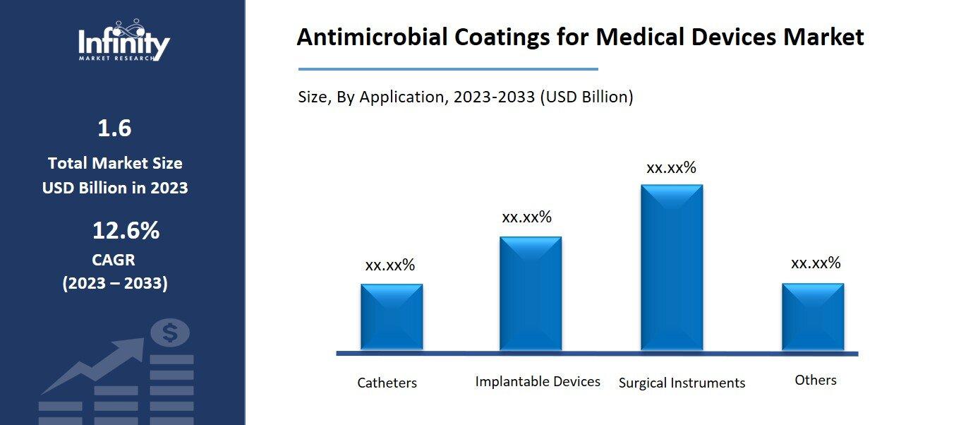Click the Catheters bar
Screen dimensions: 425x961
pos(392,317)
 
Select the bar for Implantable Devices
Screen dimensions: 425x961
pos(531,294)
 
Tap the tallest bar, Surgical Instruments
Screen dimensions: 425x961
pos(672,268)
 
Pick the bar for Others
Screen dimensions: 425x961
pos(813,317)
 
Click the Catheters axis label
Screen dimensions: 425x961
pos(387,383)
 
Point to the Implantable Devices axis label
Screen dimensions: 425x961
pos(538,381)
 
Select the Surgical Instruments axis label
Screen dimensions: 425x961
pos(682,383)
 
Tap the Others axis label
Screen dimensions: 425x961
pos(816,380)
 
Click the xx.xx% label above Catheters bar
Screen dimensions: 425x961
pos(390,265)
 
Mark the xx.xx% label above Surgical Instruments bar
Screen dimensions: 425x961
pos(671,167)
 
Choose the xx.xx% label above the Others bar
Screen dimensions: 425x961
pos(816,263)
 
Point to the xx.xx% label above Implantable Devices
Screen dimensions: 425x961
pos(526,217)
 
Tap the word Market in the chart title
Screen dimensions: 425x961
pos(823,37)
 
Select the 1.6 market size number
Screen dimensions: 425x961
pos(114,128)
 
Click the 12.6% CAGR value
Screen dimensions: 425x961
pos(126,231)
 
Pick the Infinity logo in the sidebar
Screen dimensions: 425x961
pos(124,42)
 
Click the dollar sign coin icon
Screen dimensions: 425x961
pos(170,333)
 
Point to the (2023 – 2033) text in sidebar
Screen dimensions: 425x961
pos(115,284)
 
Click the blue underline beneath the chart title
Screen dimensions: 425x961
pos(448,69)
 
